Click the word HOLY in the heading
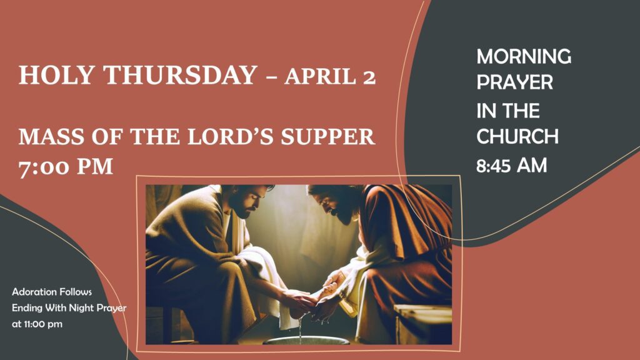click(56, 75)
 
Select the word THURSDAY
click(180, 75)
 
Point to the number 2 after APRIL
click(369, 77)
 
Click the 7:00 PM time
click(66, 167)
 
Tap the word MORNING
click(524, 56)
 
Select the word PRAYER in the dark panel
click(515, 82)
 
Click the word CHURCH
click(517, 136)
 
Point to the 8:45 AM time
click(511, 166)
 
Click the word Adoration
click(34, 292)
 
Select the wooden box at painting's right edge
click(423, 322)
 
